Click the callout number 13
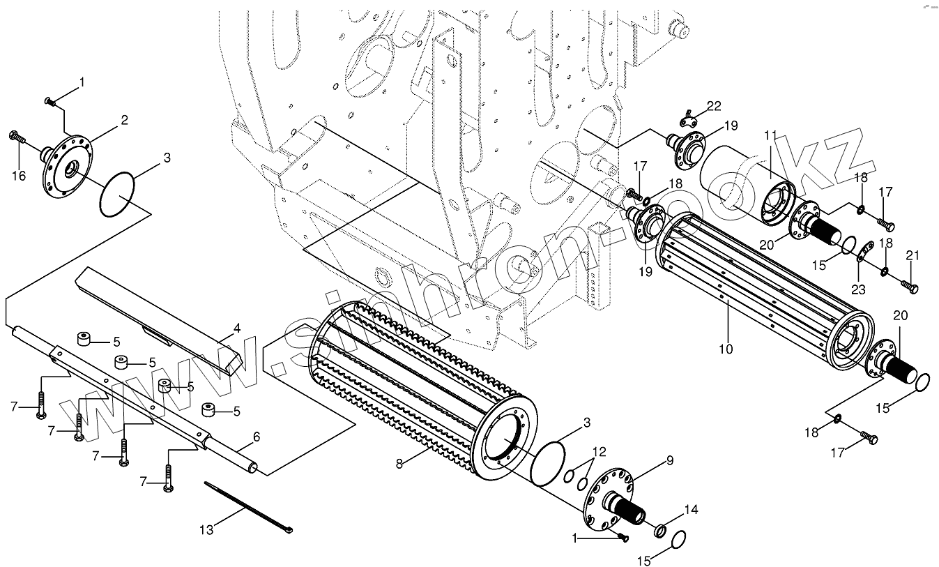[x=206, y=530]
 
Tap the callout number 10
[x=726, y=348]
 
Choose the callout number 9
[x=669, y=460]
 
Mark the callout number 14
[x=690, y=510]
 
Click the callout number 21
[x=913, y=255]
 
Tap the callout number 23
[x=857, y=289]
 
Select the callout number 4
[x=236, y=326]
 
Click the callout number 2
[x=123, y=120]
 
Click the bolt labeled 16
[x=16, y=137]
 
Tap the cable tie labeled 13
[x=247, y=506]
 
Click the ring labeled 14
[x=659, y=532]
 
